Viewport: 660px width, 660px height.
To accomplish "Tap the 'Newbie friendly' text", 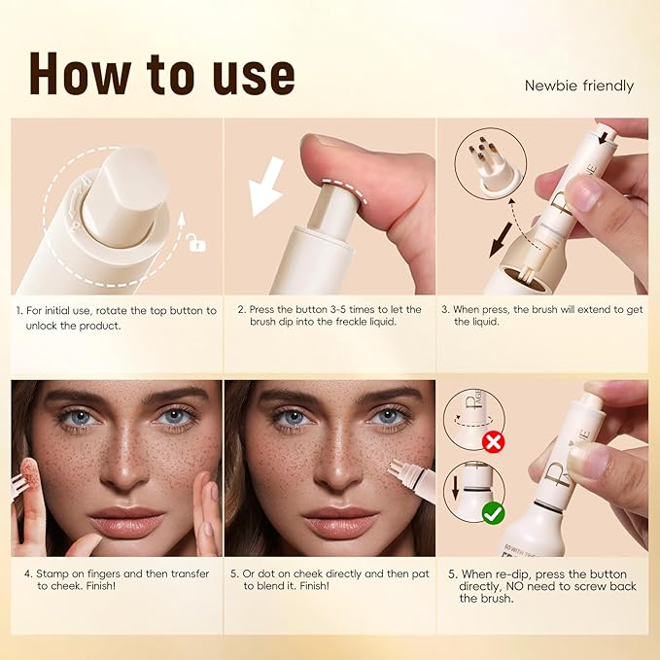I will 578,86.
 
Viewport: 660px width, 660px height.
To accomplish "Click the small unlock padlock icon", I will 197,245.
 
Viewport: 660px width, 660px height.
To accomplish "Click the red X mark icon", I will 495,442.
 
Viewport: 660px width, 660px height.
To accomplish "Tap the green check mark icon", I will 495,511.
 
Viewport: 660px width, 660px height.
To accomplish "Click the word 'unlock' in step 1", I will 48,325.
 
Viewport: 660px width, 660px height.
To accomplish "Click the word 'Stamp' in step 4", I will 50,573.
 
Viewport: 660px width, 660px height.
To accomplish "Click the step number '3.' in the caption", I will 445,310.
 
